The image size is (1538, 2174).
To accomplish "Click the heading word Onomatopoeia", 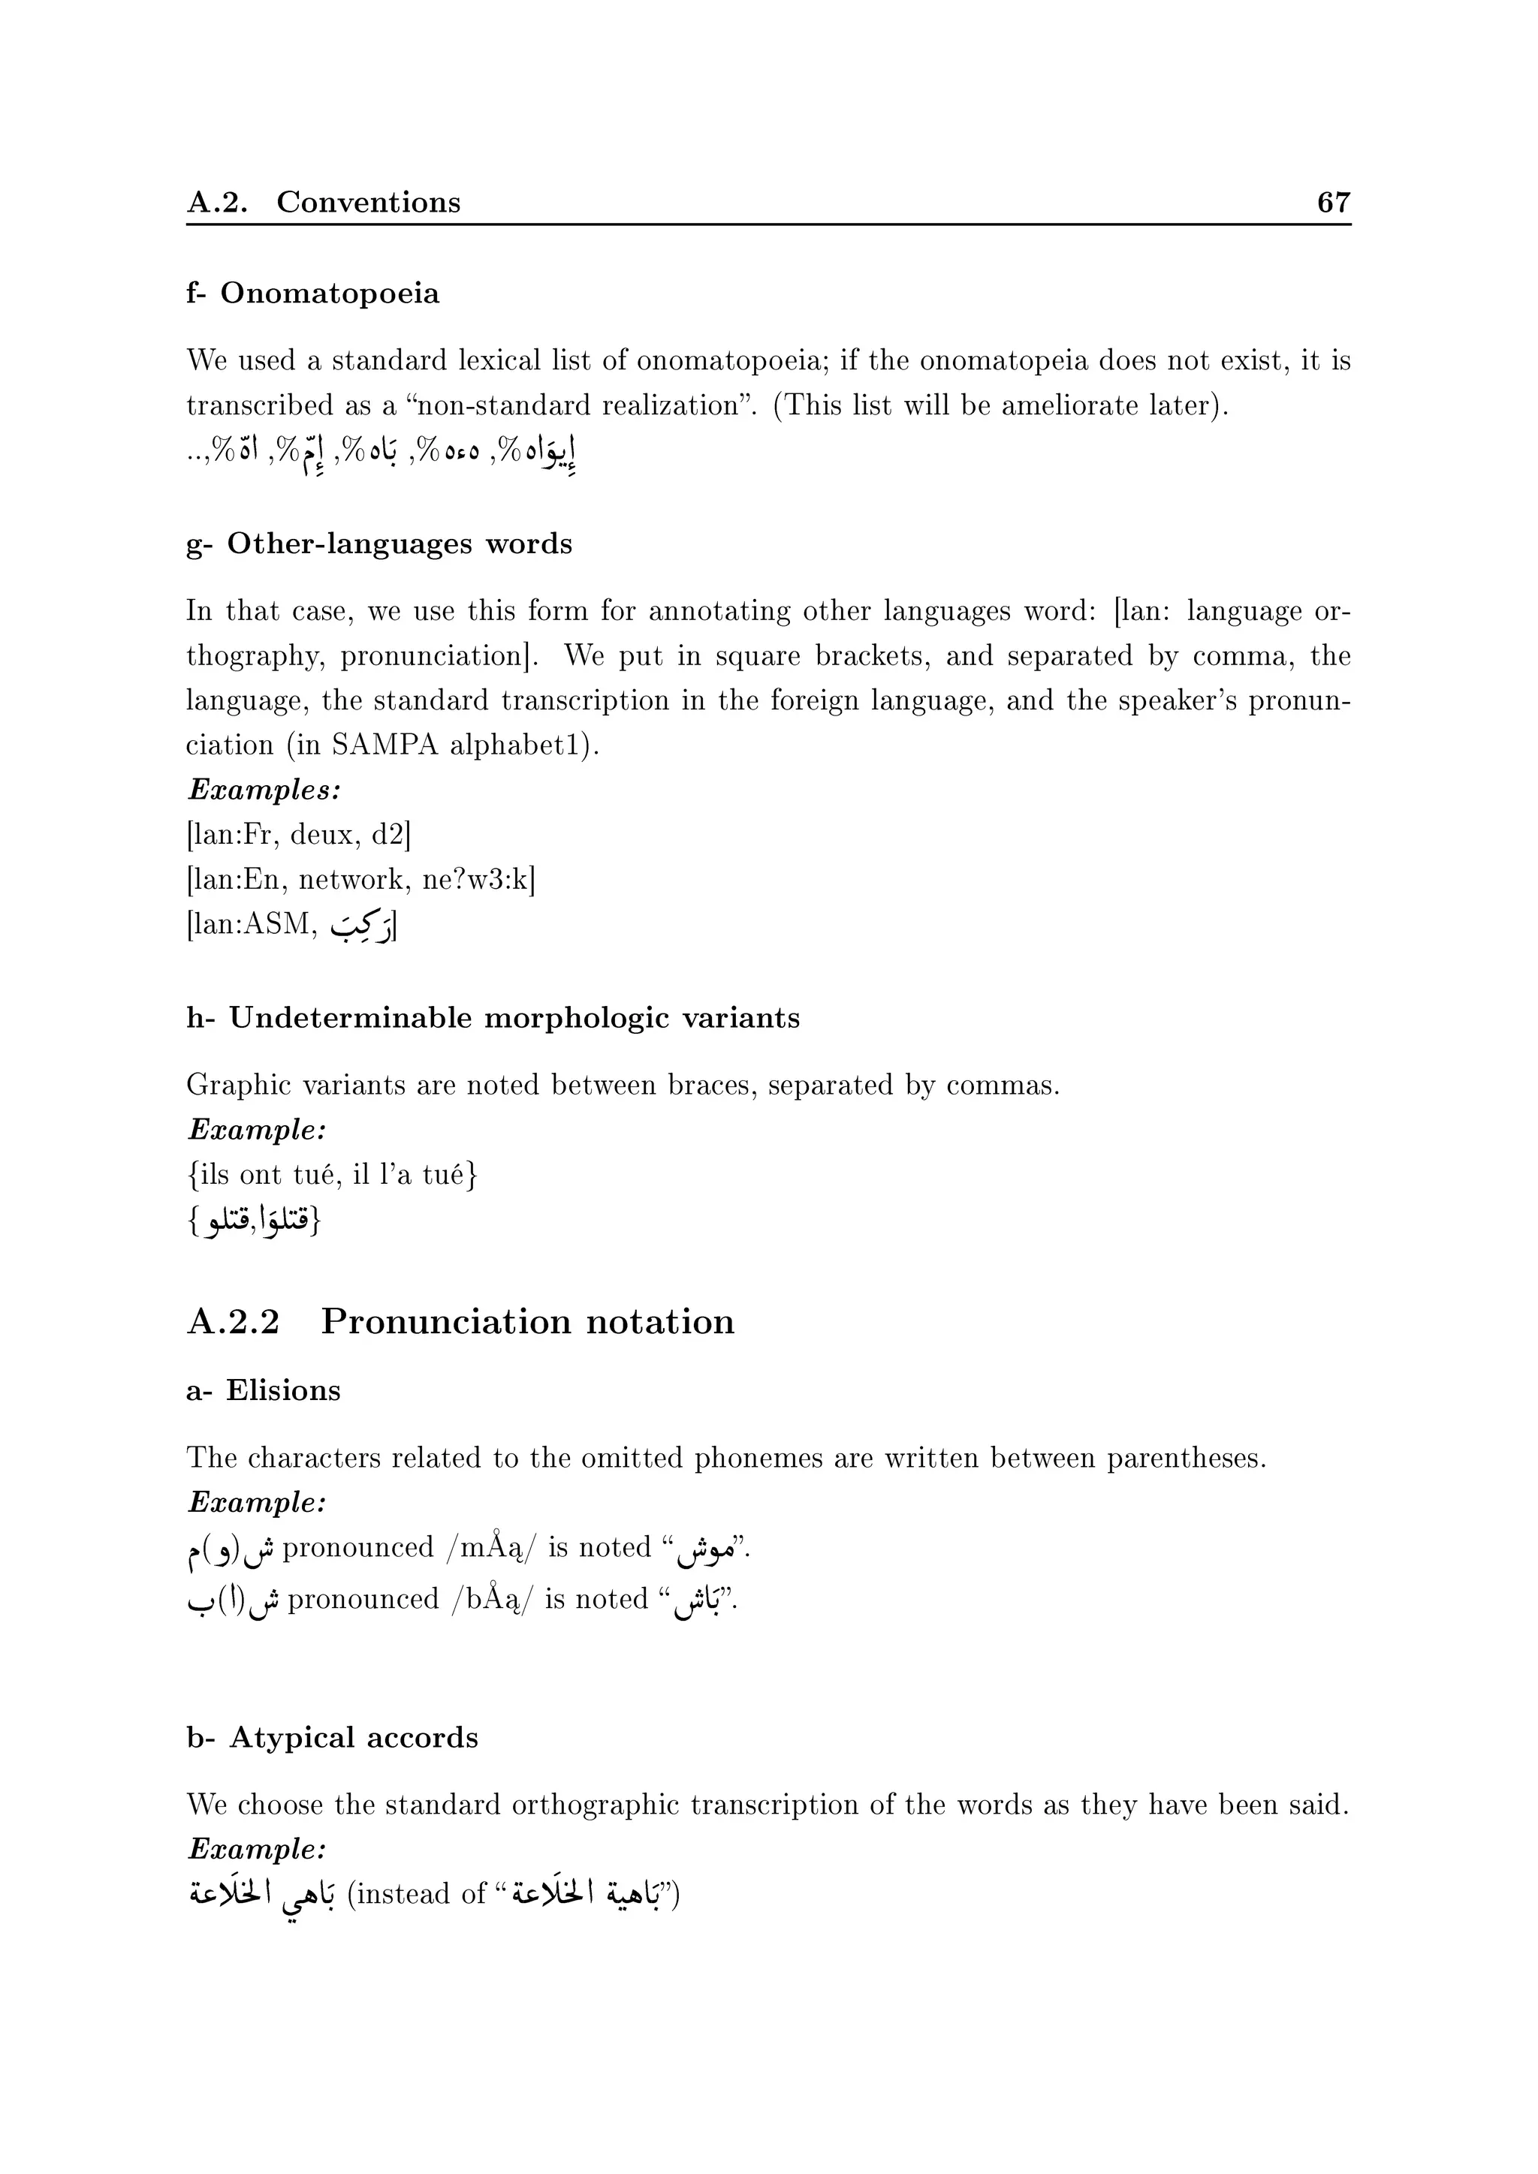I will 330,294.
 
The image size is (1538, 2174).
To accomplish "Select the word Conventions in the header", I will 369,203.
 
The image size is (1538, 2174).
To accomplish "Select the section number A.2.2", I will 233,1322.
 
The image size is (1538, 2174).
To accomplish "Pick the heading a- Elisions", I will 264,1390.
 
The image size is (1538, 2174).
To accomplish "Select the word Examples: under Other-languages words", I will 264,790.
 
